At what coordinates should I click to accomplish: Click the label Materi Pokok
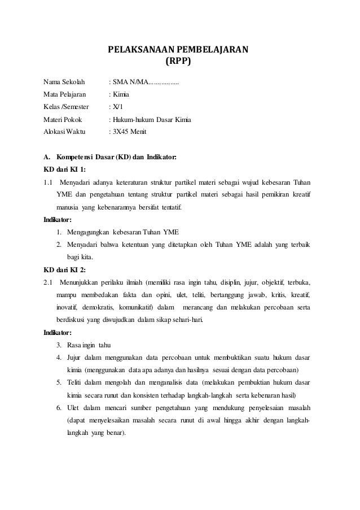coord(63,120)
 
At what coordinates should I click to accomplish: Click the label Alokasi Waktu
coord(64,132)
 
